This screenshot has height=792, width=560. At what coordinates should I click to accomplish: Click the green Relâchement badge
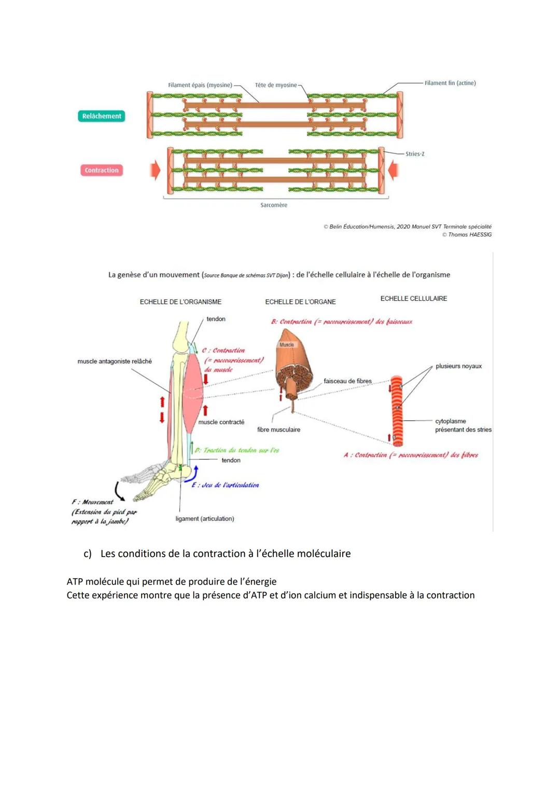[x=102, y=116]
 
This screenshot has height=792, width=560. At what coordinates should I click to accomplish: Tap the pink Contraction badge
[x=102, y=170]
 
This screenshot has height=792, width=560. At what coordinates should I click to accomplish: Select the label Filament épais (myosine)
[x=200, y=85]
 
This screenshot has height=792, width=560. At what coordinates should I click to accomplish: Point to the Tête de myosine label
[x=276, y=85]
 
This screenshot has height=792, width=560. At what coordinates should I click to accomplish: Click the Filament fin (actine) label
[x=450, y=83]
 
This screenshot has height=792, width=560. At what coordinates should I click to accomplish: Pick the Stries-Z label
[x=415, y=154]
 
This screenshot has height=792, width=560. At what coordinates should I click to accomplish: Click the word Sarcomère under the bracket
[x=274, y=205]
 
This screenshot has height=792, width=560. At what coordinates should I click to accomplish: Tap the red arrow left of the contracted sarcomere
[x=155, y=170]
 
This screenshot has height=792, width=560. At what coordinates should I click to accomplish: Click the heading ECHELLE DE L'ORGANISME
[x=180, y=302]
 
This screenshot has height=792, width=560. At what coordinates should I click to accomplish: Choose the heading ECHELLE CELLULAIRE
[x=414, y=299]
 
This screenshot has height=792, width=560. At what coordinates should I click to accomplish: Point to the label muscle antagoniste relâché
[x=115, y=362]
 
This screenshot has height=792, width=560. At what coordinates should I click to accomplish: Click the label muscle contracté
[x=221, y=422]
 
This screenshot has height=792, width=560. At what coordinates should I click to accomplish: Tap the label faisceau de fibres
[x=347, y=381]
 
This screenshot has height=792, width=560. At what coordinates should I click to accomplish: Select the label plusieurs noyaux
[x=459, y=366]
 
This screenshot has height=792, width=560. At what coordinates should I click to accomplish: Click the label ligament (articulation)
[x=205, y=519]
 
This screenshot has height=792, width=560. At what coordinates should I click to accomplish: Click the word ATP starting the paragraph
[x=75, y=582]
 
